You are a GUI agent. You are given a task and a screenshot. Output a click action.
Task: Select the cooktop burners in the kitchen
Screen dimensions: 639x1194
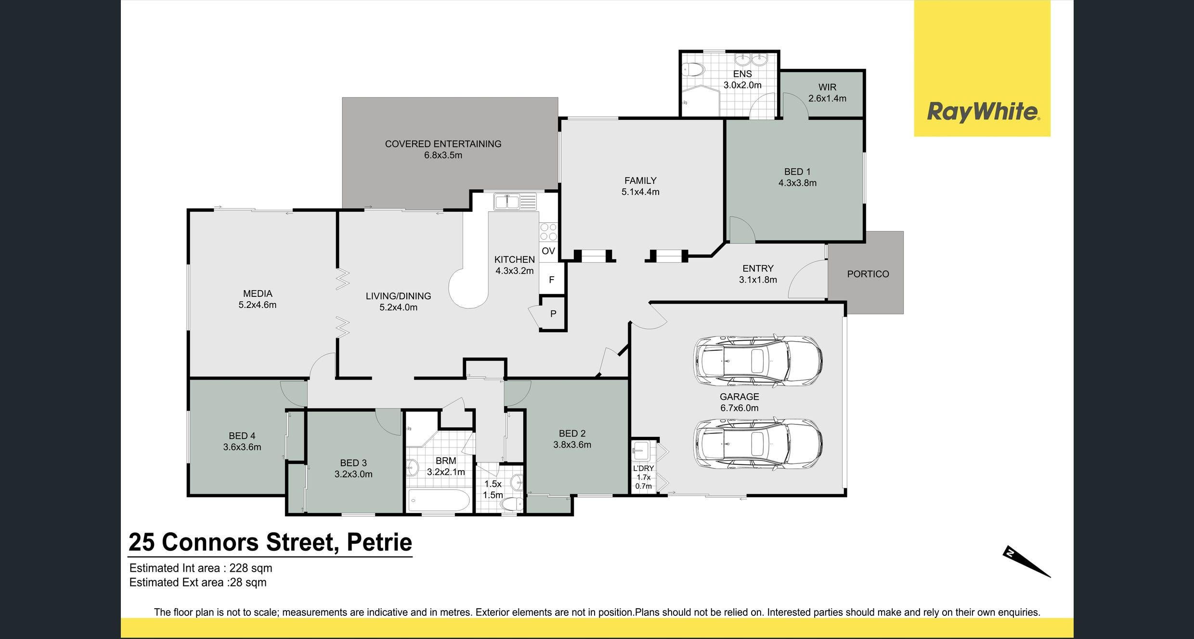[x=548, y=232]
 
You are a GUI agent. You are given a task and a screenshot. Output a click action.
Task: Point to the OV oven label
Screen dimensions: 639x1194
[x=548, y=251]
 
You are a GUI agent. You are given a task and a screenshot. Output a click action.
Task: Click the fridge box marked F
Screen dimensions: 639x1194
[x=551, y=280]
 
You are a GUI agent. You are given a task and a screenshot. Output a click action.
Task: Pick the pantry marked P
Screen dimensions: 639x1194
[x=553, y=314]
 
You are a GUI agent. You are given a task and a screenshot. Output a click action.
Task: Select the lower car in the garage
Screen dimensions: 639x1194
[x=757, y=444]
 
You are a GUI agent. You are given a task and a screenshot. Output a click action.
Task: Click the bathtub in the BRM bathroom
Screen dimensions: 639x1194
[x=439, y=501]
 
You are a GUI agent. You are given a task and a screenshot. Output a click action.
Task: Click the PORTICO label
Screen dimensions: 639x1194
[x=868, y=274]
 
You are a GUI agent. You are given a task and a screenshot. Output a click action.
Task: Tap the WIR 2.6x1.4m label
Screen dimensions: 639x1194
[x=827, y=93]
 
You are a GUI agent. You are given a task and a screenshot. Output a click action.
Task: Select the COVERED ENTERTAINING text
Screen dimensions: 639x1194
[x=443, y=144]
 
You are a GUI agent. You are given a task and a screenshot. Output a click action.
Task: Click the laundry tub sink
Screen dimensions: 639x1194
[x=641, y=451]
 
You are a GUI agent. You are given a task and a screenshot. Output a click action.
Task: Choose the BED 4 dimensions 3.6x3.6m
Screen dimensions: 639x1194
[x=242, y=447]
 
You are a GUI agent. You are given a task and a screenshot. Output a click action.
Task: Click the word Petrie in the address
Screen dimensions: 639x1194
[x=379, y=542]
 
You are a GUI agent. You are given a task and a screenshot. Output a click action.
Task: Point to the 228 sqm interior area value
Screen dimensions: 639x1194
[x=250, y=568]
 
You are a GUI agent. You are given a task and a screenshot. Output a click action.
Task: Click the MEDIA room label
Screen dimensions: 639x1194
[x=258, y=294]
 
